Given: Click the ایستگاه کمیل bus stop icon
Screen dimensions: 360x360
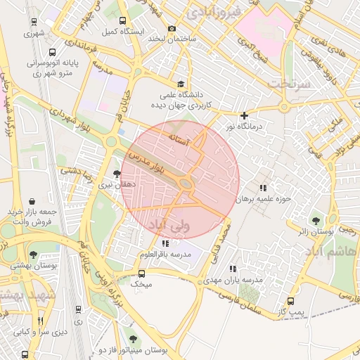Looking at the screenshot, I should pos(124,21).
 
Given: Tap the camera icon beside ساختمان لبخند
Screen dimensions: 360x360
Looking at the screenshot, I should pos(172,28).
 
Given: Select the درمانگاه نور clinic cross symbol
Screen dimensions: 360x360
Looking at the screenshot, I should pos(244,115).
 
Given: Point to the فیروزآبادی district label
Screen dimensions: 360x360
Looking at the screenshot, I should pos(215,12).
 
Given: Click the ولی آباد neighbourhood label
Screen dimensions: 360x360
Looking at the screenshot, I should pos(170,225).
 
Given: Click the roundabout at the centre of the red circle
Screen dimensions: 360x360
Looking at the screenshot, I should pos(186,184).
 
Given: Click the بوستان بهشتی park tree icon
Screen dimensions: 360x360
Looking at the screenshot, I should pos(33,255).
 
